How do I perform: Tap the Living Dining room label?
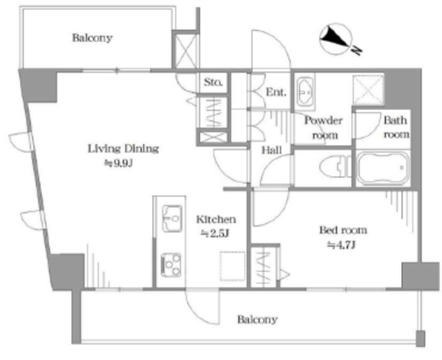coord(124,149)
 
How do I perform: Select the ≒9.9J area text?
coord(118,163)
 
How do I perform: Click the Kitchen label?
coord(216,219)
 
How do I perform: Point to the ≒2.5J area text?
coord(214,234)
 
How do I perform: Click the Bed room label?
coord(343,230)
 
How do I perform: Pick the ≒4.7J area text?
coord(341,245)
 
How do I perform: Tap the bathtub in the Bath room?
coord(383,169)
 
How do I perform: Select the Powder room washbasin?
coord(305,91)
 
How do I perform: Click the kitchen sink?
coord(172,218)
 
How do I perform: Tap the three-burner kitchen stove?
coord(171,265)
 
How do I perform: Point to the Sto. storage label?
coord(213,82)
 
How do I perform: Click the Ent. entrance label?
coord(276,92)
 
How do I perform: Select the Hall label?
coord(271,150)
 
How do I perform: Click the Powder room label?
coord(324,128)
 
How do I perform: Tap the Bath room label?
coord(396,127)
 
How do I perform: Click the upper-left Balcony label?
coord(92,38)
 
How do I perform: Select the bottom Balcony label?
coord(257,319)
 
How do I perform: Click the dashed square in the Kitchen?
coord(233,266)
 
